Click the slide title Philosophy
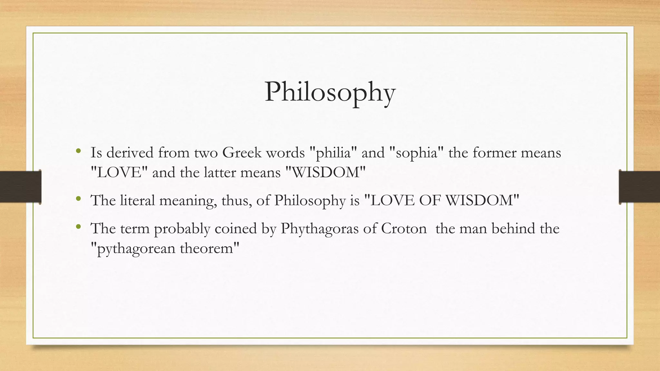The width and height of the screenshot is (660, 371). click(x=330, y=92)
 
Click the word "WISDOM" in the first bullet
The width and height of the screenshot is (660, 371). click(x=326, y=173)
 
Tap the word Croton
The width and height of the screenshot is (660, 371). click(x=404, y=229)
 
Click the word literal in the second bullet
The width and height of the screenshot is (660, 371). click(x=138, y=201)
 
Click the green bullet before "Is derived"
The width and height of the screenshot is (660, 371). click(x=78, y=151)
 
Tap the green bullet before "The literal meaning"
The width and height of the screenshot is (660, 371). click(x=78, y=199)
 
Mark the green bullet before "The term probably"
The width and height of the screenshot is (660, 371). click(x=78, y=227)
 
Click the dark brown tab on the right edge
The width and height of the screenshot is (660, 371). click(x=639, y=187)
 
